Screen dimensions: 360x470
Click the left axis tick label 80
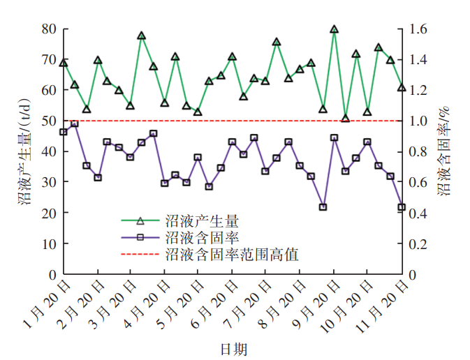pos(49,29)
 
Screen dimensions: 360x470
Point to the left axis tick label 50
pos(49,121)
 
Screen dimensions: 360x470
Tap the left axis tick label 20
pos(49,213)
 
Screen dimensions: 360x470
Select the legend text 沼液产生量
pos(203,221)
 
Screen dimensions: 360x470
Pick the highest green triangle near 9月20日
pos(334,29)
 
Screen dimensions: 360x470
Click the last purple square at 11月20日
pos(402,207)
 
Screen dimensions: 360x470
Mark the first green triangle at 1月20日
pos(64,63)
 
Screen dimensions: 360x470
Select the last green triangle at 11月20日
pos(402,87)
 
